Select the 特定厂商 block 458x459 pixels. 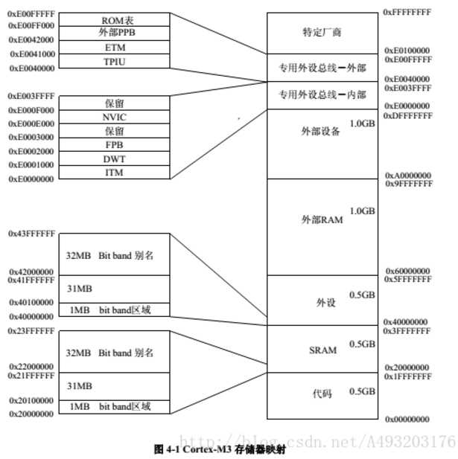[x=322, y=33]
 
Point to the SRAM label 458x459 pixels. [x=322, y=350]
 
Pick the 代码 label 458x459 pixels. [x=322, y=392]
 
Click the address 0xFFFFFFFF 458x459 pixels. [x=407, y=12]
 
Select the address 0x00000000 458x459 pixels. [x=407, y=420]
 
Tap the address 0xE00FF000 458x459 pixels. [x=31, y=25]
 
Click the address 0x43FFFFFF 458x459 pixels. [x=32, y=234]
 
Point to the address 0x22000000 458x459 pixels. [x=31, y=367]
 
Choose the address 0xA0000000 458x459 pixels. [x=407, y=176]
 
